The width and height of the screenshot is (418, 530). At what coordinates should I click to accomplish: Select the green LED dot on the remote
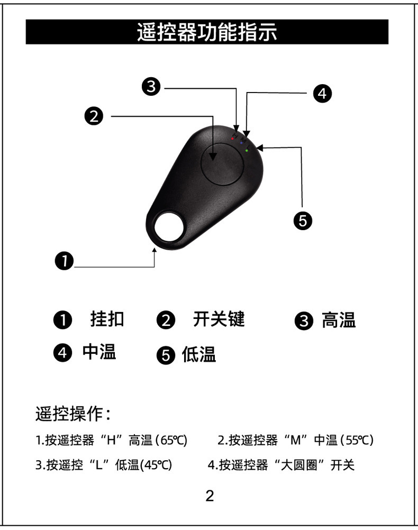[x=247, y=151]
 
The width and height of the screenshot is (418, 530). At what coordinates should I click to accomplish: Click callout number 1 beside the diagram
[x=64, y=260]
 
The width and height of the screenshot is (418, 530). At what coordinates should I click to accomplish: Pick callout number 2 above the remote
[x=94, y=116]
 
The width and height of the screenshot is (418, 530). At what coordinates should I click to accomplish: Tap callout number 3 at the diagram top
[x=152, y=86]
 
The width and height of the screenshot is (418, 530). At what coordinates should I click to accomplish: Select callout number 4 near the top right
[x=322, y=93]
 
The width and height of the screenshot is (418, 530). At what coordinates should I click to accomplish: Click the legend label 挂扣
[x=107, y=319]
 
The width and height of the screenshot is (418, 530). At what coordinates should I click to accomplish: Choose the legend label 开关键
[x=219, y=319]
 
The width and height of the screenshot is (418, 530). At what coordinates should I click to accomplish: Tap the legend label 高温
[x=339, y=320]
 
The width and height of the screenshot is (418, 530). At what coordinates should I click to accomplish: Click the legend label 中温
[x=99, y=352]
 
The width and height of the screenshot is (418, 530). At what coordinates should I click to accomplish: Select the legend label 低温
[x=199, y=354]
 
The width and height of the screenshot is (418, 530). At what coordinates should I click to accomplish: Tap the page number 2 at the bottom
[x=210, y=496]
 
